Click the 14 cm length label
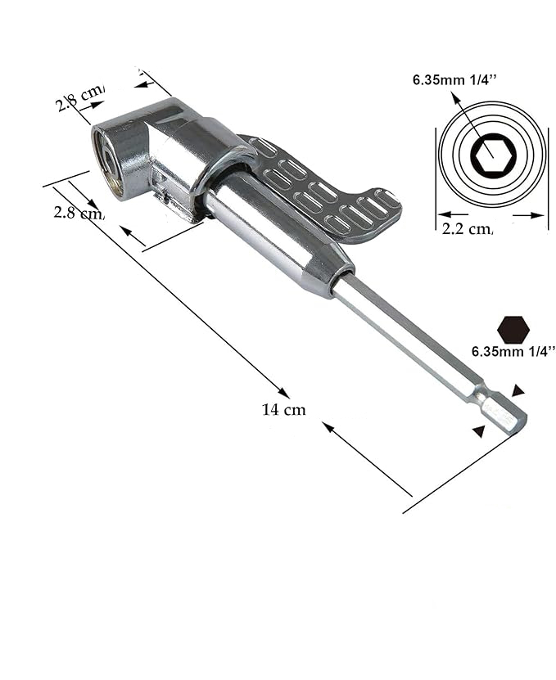click(x=283, y=409)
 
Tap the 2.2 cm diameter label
click(x=467, y=230)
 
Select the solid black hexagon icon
click(x=513, y=329)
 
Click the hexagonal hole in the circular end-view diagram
click(x=489, y=153)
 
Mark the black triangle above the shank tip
click(x=517, y=391)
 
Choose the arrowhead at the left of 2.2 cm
click(x=442, y=216)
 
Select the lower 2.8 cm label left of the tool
click(x=78, y=213)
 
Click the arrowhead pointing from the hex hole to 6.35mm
click(x=454, y=99)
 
